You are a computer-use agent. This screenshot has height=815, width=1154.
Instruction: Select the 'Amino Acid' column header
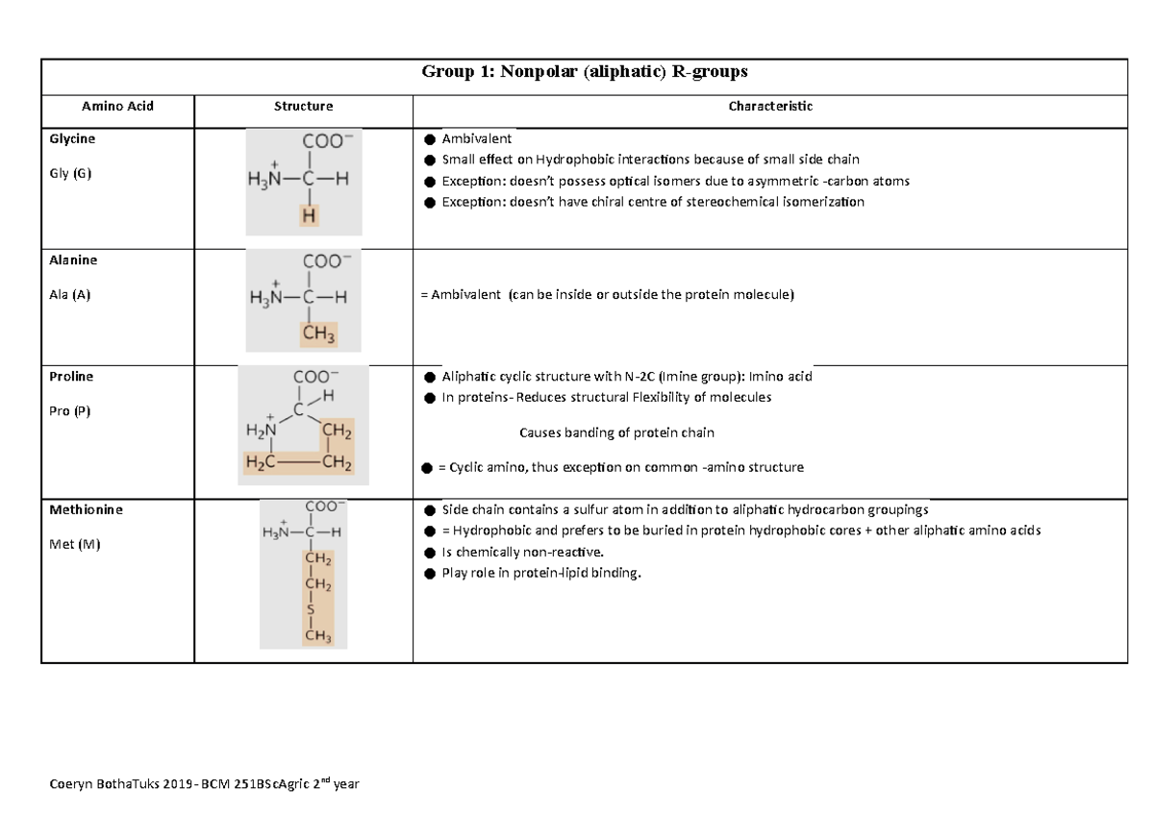[x=116, y=107]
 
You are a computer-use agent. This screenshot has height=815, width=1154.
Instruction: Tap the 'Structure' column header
[x=303, y=107]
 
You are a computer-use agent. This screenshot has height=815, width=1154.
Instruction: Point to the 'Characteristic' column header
[x=770, y=107]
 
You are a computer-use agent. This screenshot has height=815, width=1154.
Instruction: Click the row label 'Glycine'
[x=72, y=138]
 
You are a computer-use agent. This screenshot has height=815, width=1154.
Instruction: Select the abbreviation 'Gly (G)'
[x=70, y=174]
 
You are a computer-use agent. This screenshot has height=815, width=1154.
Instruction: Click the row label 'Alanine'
[x=72, y=260]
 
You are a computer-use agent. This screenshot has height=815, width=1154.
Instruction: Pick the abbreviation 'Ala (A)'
[x=69, y=296]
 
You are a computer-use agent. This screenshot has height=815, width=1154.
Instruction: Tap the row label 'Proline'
[x=71, y=377]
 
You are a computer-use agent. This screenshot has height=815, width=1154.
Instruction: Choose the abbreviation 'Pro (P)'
[x=69, y=411]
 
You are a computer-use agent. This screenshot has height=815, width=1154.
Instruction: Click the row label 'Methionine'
[x=86, y=509]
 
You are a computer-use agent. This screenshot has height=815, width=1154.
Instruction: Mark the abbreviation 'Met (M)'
[x=74, y=545]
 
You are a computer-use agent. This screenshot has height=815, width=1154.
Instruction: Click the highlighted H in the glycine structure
[x=309, y=217]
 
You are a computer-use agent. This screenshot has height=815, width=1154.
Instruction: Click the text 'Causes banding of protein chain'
[x=616, y=432]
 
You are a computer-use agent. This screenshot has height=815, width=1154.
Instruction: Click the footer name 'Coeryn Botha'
[x=88, y=784]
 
